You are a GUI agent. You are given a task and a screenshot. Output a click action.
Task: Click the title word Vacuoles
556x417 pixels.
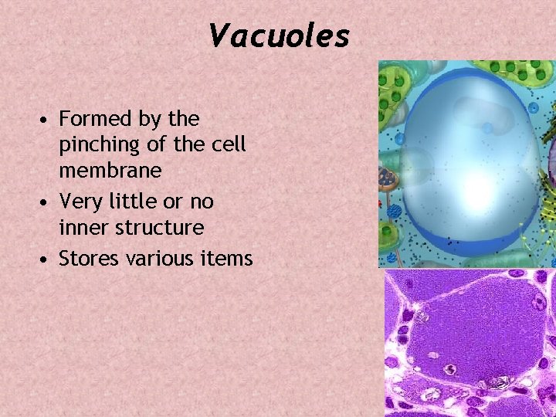click(x=279, y=36)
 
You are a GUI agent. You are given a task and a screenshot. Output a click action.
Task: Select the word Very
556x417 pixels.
click(x=77, y=201)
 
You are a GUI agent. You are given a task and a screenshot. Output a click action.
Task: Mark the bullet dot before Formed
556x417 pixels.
click(x=48, y=120)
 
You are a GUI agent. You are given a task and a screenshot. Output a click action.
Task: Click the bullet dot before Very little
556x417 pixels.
click(x=48, y=202)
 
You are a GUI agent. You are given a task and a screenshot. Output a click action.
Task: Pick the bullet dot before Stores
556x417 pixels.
click(x=48, y=258)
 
